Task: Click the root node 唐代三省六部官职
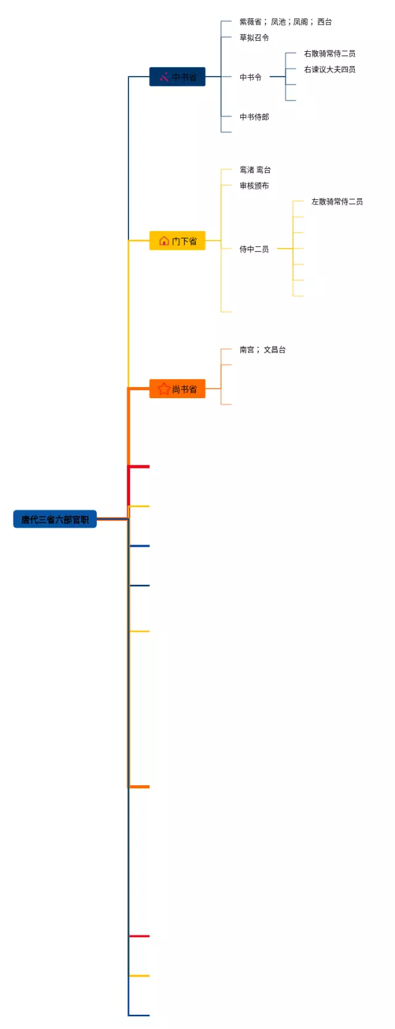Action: pyautogui.click(x=55, y=519)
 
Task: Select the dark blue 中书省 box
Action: pyautogui.click(x=177, y=77)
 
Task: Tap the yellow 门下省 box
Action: pyautogui.click(x=177, y=241)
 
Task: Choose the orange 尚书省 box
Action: pyautogui.click(x=177, y=389)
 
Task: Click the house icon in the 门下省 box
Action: pyautogui.click(x=164, y=241)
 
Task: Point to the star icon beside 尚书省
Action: pyautogui.click(x=164, y=389)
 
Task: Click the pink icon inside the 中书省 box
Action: pyautogui.click(x=164, y=77)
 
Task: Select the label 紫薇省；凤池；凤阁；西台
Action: pyautogui.click(x=286, y=22)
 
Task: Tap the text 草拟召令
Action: pyautogui.click(x=254, y=38)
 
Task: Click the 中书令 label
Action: pyautogui.click(x=251, y=77)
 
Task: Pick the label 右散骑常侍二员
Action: pyautogui.click(x=330, y=54)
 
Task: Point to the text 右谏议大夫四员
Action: pyautogui.click(x=330, y=70)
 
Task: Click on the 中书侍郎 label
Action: pyautogui.click(x=254, y=117)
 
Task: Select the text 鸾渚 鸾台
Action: pyautogui.click(x=255, y=170)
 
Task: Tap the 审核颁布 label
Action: pyautogui.click(x=254, y=186)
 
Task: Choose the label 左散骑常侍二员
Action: pyautogui.click(x=337, y=202)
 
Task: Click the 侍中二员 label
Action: pyautogui.click(x=254, y=249)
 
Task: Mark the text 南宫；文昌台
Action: pyautogui.click(x=262, y=349)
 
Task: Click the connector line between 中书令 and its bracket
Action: pyautogui.click(x=277, y=77)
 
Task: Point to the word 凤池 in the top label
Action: pyautogui.click(x=278, y=22)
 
